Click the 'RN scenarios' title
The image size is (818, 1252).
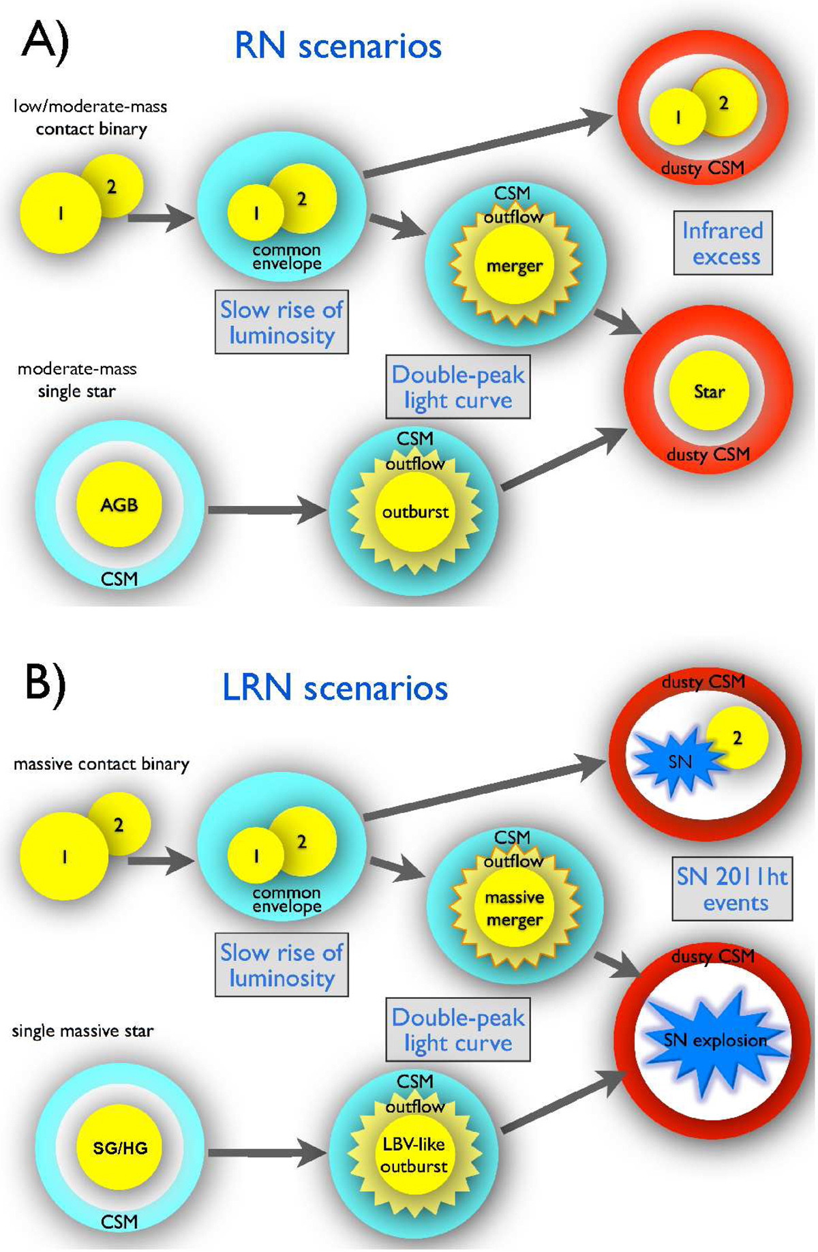point(337,46)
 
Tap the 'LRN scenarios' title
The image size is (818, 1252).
point(335,687)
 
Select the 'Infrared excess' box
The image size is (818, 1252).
point(723,243)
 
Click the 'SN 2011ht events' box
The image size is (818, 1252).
point(732,889)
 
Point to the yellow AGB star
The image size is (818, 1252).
point(119,505)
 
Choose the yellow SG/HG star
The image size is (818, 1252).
point(120,1148)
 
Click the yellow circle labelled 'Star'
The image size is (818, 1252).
point(709,391)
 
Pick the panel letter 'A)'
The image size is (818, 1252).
point(45,42)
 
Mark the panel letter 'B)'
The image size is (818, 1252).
point(45,684)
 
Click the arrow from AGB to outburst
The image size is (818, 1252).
point(266,509)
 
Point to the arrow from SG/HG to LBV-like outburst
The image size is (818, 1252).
point(266,1152)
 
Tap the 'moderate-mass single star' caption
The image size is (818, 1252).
point(77,380)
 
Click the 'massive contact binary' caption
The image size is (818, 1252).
point(101,764)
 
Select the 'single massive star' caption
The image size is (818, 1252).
point(82,1030)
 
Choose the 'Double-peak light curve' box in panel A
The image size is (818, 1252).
point(458,387)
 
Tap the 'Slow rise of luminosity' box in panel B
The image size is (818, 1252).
point(282,965)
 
